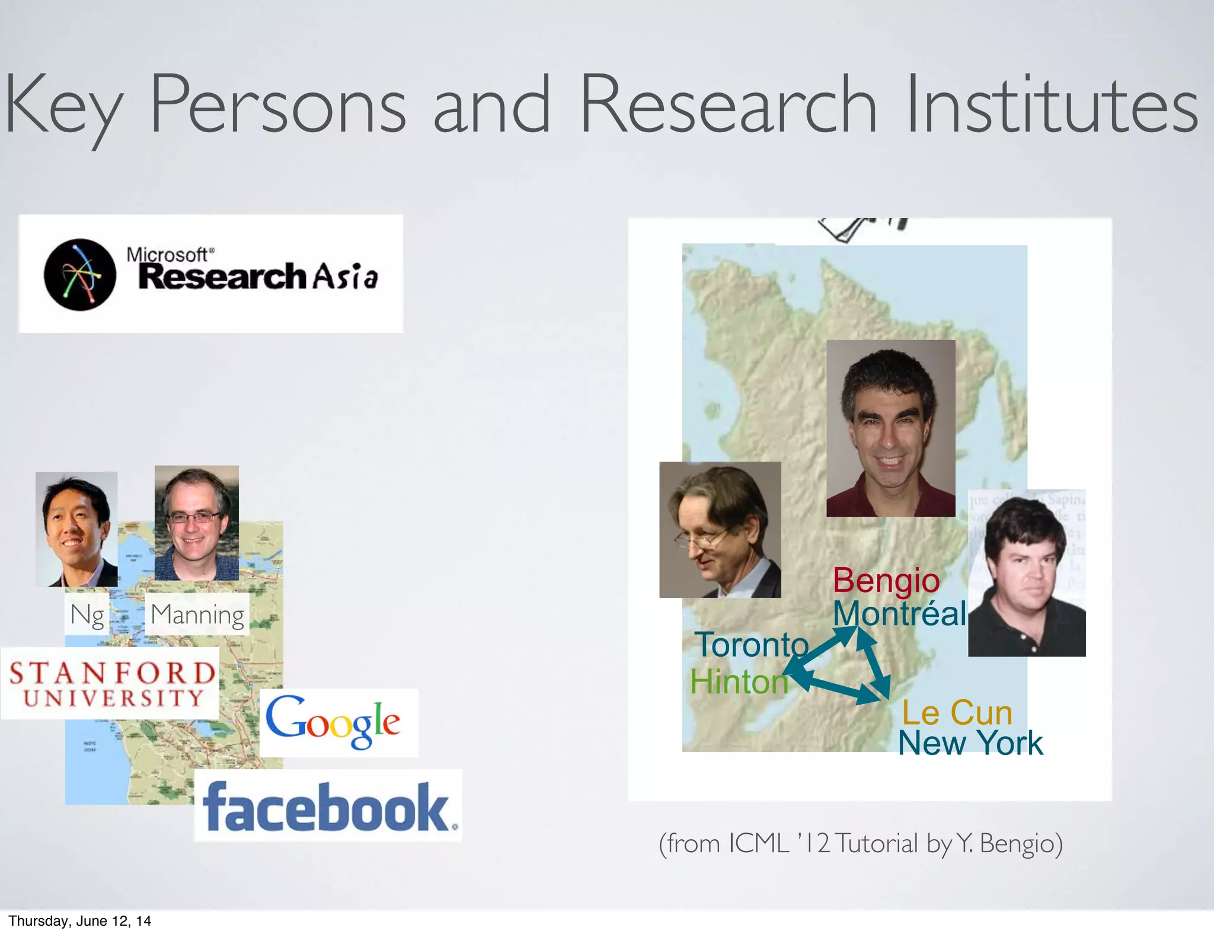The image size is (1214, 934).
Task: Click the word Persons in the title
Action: [277, 105]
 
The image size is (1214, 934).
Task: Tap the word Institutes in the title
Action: [1052, 105]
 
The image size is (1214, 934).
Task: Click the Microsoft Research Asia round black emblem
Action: [80, 274]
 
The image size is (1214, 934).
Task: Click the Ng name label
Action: [87, 615]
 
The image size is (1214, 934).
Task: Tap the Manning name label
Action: [197, 615]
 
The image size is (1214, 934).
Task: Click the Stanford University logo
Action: [111, 683]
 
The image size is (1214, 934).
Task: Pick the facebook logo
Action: [328, 807]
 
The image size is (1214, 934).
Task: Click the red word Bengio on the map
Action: [886, 580]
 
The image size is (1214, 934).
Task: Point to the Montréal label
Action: [899, 613]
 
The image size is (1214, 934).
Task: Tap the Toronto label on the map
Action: [752, 645]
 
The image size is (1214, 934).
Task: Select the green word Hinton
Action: [739, 682]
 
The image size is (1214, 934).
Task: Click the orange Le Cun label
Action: [957, 712]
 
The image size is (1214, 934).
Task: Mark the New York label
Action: [970, 743]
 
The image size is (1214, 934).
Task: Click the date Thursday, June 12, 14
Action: [80, 920]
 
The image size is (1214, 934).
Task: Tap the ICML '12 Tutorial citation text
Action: [860, 843]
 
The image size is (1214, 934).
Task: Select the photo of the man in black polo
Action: [1027, 573]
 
